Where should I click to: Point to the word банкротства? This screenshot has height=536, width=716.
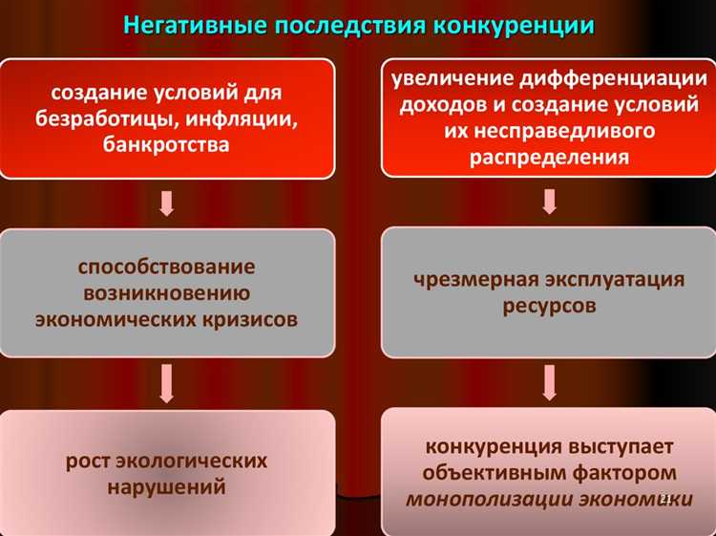[x=167, y=145]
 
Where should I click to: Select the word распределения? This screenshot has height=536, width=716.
[x=549, y=157]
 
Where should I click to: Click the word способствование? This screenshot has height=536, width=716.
[x=167, y=267]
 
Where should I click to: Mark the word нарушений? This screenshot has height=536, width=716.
[x=167, y=487]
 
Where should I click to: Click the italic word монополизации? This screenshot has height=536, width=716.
[x=482, y=498]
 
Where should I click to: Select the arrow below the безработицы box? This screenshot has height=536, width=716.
[x=166, y=203]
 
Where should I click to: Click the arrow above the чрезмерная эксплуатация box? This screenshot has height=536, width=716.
[x=549, y=202]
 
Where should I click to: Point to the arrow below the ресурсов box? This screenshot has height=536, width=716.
[x=549, y=380]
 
